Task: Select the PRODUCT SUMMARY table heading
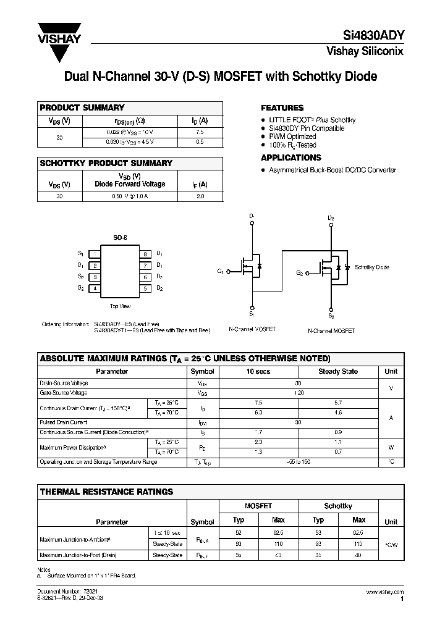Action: tap(82, 107)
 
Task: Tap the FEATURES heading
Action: tap(282, 107)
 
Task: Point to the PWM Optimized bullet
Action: tap(292, 136)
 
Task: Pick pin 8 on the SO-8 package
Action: tap(145, 254)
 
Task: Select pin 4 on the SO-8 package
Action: tap(95, 288)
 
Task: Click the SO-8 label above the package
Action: tap(120, 238)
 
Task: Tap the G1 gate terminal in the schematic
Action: tap(221, 272)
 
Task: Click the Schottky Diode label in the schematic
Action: tap(372, 267)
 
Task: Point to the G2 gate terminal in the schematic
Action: tap(299, 273)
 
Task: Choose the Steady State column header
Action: tap(337, 371)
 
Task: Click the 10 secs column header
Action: tap(258, 371)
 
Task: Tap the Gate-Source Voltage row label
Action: tap(64, 392)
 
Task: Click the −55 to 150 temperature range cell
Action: tap(298, 461)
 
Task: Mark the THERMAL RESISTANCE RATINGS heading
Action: tap(106, 492)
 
